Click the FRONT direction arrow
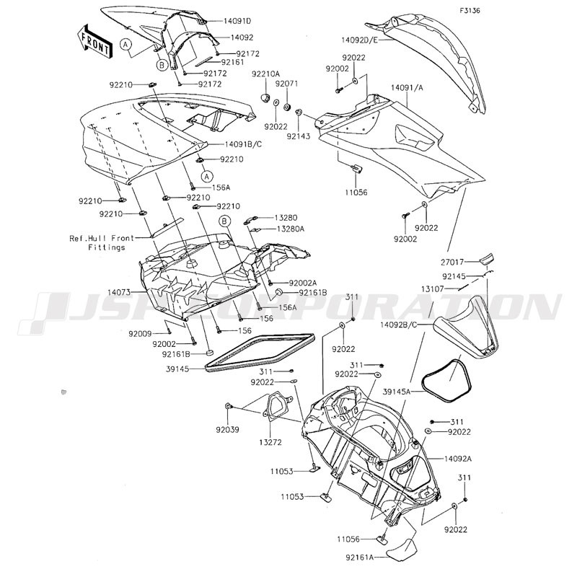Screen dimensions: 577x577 coord(94,41)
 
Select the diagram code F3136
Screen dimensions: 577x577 coord(470,11)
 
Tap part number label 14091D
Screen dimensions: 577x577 coord(237,21)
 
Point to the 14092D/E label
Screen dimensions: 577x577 coord(359,40)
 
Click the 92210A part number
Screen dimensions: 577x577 coord(265,74)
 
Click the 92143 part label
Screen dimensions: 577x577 coord(299,136)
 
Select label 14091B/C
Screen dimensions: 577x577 coord(243,144)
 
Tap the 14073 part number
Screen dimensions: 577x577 coord(118,293)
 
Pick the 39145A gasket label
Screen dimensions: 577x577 coord(396,392)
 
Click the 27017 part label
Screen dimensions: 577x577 coord(452,263)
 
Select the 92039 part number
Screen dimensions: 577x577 coord(227,429)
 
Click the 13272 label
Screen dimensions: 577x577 coord(270,442)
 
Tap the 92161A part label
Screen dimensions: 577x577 coord(359,558)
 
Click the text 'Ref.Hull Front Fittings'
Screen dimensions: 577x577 coord(102,243)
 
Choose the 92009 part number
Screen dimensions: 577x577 coord(140,334)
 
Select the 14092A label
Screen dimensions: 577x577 coord(458,459)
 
